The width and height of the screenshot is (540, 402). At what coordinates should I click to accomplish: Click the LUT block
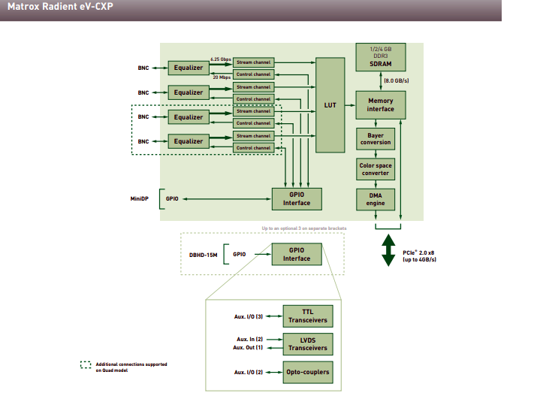pos(330,105)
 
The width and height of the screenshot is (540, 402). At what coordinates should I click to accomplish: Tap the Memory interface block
pos(380,104)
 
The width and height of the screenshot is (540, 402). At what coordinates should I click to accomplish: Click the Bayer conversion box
pos(376,138)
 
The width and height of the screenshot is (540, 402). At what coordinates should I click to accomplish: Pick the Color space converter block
pos(376,169)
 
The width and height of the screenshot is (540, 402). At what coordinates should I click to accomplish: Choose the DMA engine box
pos(376,199)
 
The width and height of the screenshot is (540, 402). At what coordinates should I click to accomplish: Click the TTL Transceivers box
pos(308,316)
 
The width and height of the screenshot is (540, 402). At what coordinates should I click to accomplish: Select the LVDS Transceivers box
pos(308,343)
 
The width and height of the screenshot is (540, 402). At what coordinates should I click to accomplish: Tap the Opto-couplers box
pos(308,372)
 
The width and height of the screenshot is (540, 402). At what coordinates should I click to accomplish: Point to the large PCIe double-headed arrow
pos(388,250)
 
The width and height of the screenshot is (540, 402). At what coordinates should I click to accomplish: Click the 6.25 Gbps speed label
pos(220,59)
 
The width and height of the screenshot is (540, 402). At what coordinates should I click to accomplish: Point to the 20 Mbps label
pos(221,77)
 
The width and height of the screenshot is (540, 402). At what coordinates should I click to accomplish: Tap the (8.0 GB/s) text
pos(397,79)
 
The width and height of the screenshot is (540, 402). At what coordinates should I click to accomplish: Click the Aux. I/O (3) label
pos(248,316)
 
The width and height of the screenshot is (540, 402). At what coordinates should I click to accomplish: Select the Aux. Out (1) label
pos(249,348)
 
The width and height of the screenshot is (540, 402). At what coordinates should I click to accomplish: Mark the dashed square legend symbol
pos(86,366)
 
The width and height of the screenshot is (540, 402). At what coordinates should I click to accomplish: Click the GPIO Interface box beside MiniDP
pos(297,199)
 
